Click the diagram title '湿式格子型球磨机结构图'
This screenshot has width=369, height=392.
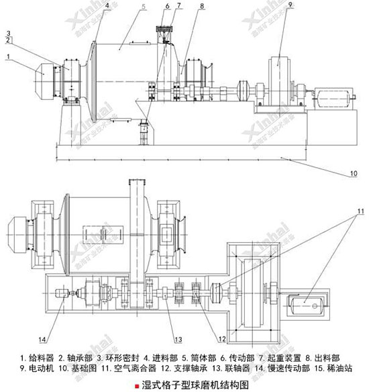192,385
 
